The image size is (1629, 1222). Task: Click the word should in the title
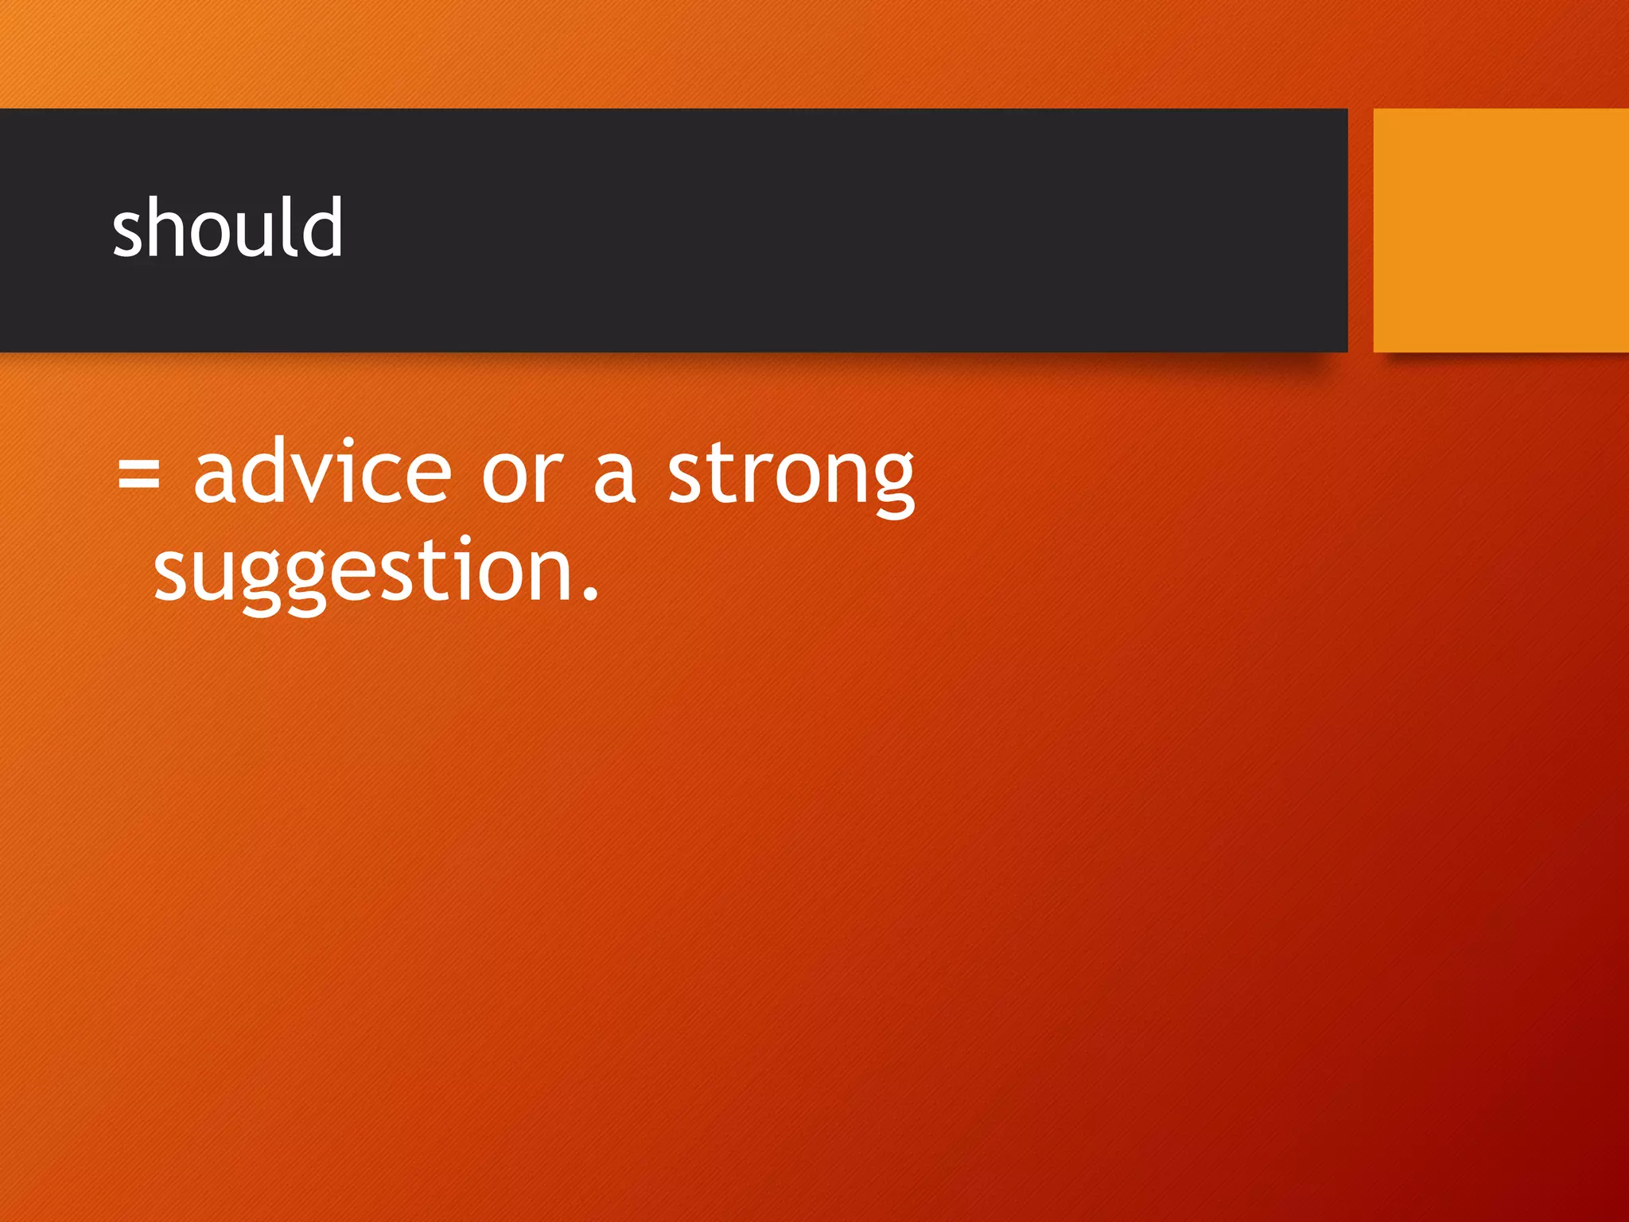coord(227,229)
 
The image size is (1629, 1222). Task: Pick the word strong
coord(791,476)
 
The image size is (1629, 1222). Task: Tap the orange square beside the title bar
coord(1500,230)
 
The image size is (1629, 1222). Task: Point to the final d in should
coord(322,228)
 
